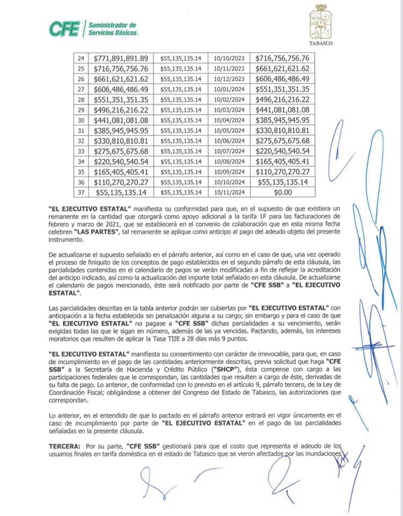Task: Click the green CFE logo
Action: (64, 28)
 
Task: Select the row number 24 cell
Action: (82, 58)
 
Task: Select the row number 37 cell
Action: (82, 192)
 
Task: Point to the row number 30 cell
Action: (82, 120)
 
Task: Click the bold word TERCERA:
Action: (65, 446)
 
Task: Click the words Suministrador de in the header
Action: (112, 25)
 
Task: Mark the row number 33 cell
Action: (82, 150)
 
